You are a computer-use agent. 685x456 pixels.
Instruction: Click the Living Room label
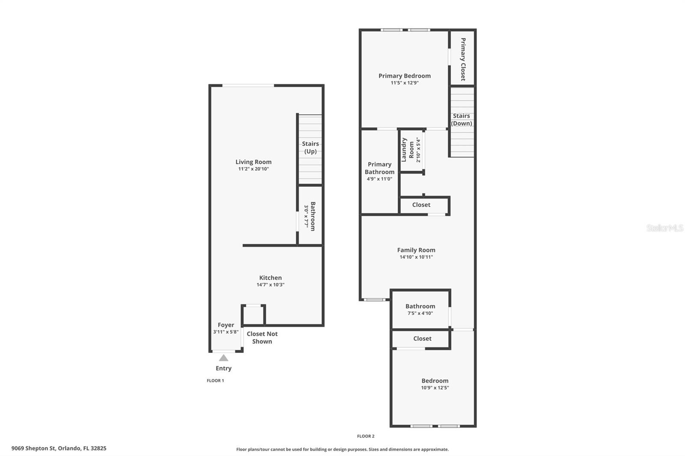tap(253, 162)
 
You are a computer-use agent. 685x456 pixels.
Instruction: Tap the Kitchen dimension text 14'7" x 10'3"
tap(270, 285)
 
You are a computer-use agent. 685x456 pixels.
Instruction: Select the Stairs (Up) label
tap(310, 148)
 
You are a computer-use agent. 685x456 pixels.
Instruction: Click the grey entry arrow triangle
tap(223, 358)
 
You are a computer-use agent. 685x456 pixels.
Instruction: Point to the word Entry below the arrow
tap(223, 368)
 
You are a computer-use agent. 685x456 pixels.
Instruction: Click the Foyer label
tap(226, 325)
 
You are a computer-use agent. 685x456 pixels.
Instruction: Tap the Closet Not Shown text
tap(262, 338)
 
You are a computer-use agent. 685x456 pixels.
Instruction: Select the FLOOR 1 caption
tap(215, 381)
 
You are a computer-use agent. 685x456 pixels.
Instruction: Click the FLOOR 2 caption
tap(366, 436)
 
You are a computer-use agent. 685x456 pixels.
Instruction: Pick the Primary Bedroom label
tap(404, 76)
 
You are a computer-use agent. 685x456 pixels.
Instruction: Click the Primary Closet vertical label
tap(463, 59)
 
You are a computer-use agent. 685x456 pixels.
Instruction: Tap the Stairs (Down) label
tap(462, 119)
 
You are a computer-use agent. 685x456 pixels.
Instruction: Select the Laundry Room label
tap(408, 150)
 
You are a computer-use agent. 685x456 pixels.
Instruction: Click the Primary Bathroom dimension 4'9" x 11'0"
tap(379, 179)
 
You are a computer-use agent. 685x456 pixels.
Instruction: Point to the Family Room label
tap(416, 250)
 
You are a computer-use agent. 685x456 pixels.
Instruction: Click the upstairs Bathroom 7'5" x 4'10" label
tap(420, 306)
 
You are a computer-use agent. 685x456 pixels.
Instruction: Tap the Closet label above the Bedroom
tap(422, 338)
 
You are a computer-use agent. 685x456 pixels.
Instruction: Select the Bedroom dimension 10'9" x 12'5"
tap(435, 388)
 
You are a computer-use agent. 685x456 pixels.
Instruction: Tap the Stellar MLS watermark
tap(664, 228)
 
